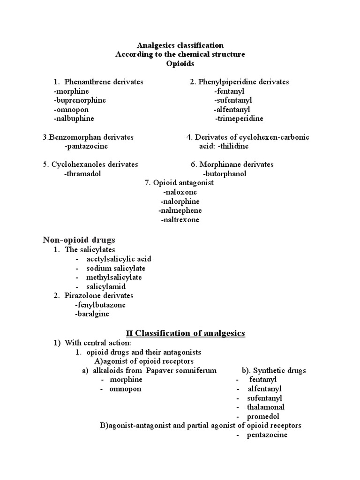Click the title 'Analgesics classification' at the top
(180, 45)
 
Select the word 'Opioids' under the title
(180, 63)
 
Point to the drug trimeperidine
(239, 119)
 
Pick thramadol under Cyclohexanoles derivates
(82, 174)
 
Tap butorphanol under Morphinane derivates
(225, 174)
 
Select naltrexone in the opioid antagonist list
(180, 220)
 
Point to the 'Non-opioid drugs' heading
(79, 240)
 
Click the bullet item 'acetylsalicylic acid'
(119, 259)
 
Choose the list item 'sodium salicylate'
(116, 269)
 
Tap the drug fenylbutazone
(100, 305)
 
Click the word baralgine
(92, 314)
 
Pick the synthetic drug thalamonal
(266, 407)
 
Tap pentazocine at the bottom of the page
(268, 435)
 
